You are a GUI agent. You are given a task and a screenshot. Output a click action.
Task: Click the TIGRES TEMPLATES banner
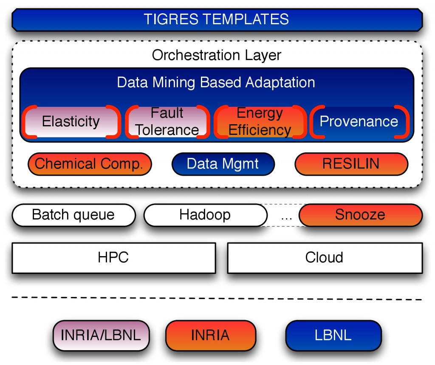(217, 20)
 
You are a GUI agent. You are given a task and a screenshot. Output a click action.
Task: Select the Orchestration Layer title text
(216, 55)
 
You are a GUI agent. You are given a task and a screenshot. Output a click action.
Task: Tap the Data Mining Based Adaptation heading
(216, 82)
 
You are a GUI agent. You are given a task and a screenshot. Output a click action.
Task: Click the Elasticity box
(71, 122)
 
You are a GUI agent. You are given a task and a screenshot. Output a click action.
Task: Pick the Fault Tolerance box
(167, 122)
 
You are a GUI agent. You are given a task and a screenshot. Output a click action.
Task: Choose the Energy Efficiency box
(260, 122)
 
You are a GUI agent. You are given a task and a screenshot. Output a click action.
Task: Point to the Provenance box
(359, 122)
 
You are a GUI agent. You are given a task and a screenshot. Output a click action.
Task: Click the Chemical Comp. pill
(90, 164)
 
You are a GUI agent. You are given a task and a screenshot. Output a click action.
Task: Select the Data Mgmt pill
(223, 164)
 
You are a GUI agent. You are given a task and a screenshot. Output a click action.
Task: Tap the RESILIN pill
(351, 164)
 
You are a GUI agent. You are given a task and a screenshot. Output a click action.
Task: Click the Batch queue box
(73, 215)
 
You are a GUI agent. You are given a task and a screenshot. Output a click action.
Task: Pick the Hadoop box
(205, 215)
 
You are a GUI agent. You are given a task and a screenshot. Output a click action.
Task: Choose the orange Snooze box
(360, 215)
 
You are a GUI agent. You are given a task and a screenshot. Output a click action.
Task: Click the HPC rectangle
(114, 258)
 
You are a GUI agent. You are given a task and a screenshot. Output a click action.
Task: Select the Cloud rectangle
(325, 258)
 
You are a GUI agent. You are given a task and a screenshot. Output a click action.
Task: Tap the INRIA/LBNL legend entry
(101, 335)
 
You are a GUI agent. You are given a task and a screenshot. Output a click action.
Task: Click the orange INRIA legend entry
(211, 335)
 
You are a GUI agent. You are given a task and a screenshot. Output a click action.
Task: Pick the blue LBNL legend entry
(333, 335)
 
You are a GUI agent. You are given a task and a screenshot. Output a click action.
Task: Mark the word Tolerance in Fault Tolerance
(167, 130)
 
